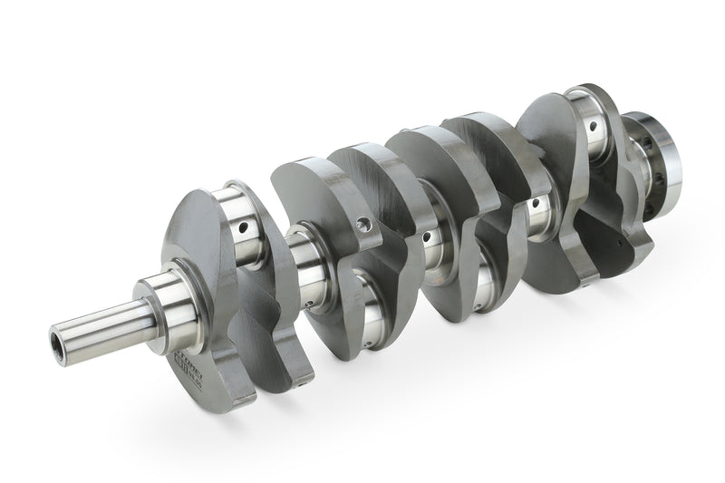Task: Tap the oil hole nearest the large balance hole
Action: pyautogui.click(x=425, y=237)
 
